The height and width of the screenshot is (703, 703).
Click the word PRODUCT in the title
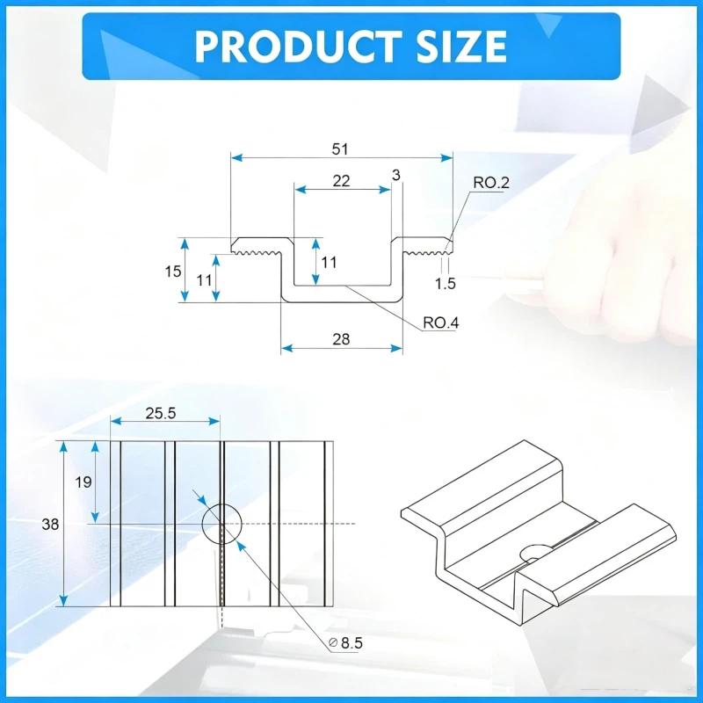(298, 47)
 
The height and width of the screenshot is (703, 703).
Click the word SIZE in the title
(462, 47)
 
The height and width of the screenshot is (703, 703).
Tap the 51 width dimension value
(340, 149)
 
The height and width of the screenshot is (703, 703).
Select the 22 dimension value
(341, 181)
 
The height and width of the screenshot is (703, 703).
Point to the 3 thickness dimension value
(395, 175)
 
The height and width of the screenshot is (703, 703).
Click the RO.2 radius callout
(491, 183)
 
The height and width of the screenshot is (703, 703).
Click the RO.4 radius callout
(441, 323)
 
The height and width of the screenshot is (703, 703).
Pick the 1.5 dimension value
(446, 283)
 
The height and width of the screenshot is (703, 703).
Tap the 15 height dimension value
(173, 272)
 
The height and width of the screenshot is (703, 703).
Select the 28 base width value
(341, 339)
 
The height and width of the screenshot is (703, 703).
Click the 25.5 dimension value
(161, 413)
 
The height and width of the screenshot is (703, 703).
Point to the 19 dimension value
(83, 482)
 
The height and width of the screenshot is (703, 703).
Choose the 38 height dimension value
(50, 524)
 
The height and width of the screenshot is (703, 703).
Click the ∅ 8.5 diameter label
(345, 643)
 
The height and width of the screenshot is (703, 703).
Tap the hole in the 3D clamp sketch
(534, 553)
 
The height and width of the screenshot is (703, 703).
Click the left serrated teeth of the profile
(257, 254)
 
